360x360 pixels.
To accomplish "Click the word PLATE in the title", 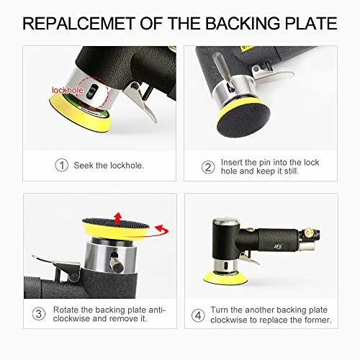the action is point(311,23).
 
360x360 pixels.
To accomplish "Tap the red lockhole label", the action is point(68,90).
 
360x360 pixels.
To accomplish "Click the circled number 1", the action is point(62,165).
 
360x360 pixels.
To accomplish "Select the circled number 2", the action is point(208,167).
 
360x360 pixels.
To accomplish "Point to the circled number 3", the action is point(39,314).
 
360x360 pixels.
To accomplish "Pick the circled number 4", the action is point(198,315).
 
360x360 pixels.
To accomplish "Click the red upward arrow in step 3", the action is point(117,218).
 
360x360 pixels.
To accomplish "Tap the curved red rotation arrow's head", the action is point(159,229).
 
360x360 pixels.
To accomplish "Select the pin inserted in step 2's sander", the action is point(222,69).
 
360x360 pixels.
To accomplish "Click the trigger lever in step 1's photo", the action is point(142,101).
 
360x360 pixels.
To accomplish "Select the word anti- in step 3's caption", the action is point(157,310).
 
